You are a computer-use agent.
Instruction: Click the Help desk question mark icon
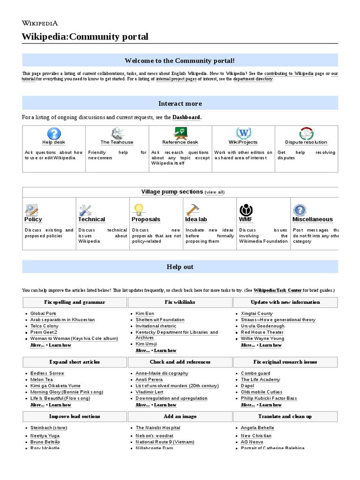[54, 133]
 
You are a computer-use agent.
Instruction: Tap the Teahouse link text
[117, 142]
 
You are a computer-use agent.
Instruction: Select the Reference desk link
[180, 142]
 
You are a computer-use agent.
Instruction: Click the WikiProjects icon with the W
[243, 133]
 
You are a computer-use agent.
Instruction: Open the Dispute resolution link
[306, 142]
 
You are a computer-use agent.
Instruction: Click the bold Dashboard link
[187, 117]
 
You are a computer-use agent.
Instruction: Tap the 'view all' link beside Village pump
[215, 192]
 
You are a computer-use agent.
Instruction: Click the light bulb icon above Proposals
[138, 209]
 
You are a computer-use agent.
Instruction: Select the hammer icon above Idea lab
[192, 209]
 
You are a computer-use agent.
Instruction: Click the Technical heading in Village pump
[91, 219]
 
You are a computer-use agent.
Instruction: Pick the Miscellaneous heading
[312, 219]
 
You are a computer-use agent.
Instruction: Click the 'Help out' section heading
[180, 267]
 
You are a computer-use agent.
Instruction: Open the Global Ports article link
[43, 314]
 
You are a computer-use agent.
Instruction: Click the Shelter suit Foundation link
[160, 320]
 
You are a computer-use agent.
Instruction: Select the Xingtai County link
[256, 314]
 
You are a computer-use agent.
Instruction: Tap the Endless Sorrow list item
[47, 374]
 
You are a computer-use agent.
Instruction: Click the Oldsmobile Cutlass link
[262, 392]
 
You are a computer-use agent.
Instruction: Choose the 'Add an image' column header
[180, 416]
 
